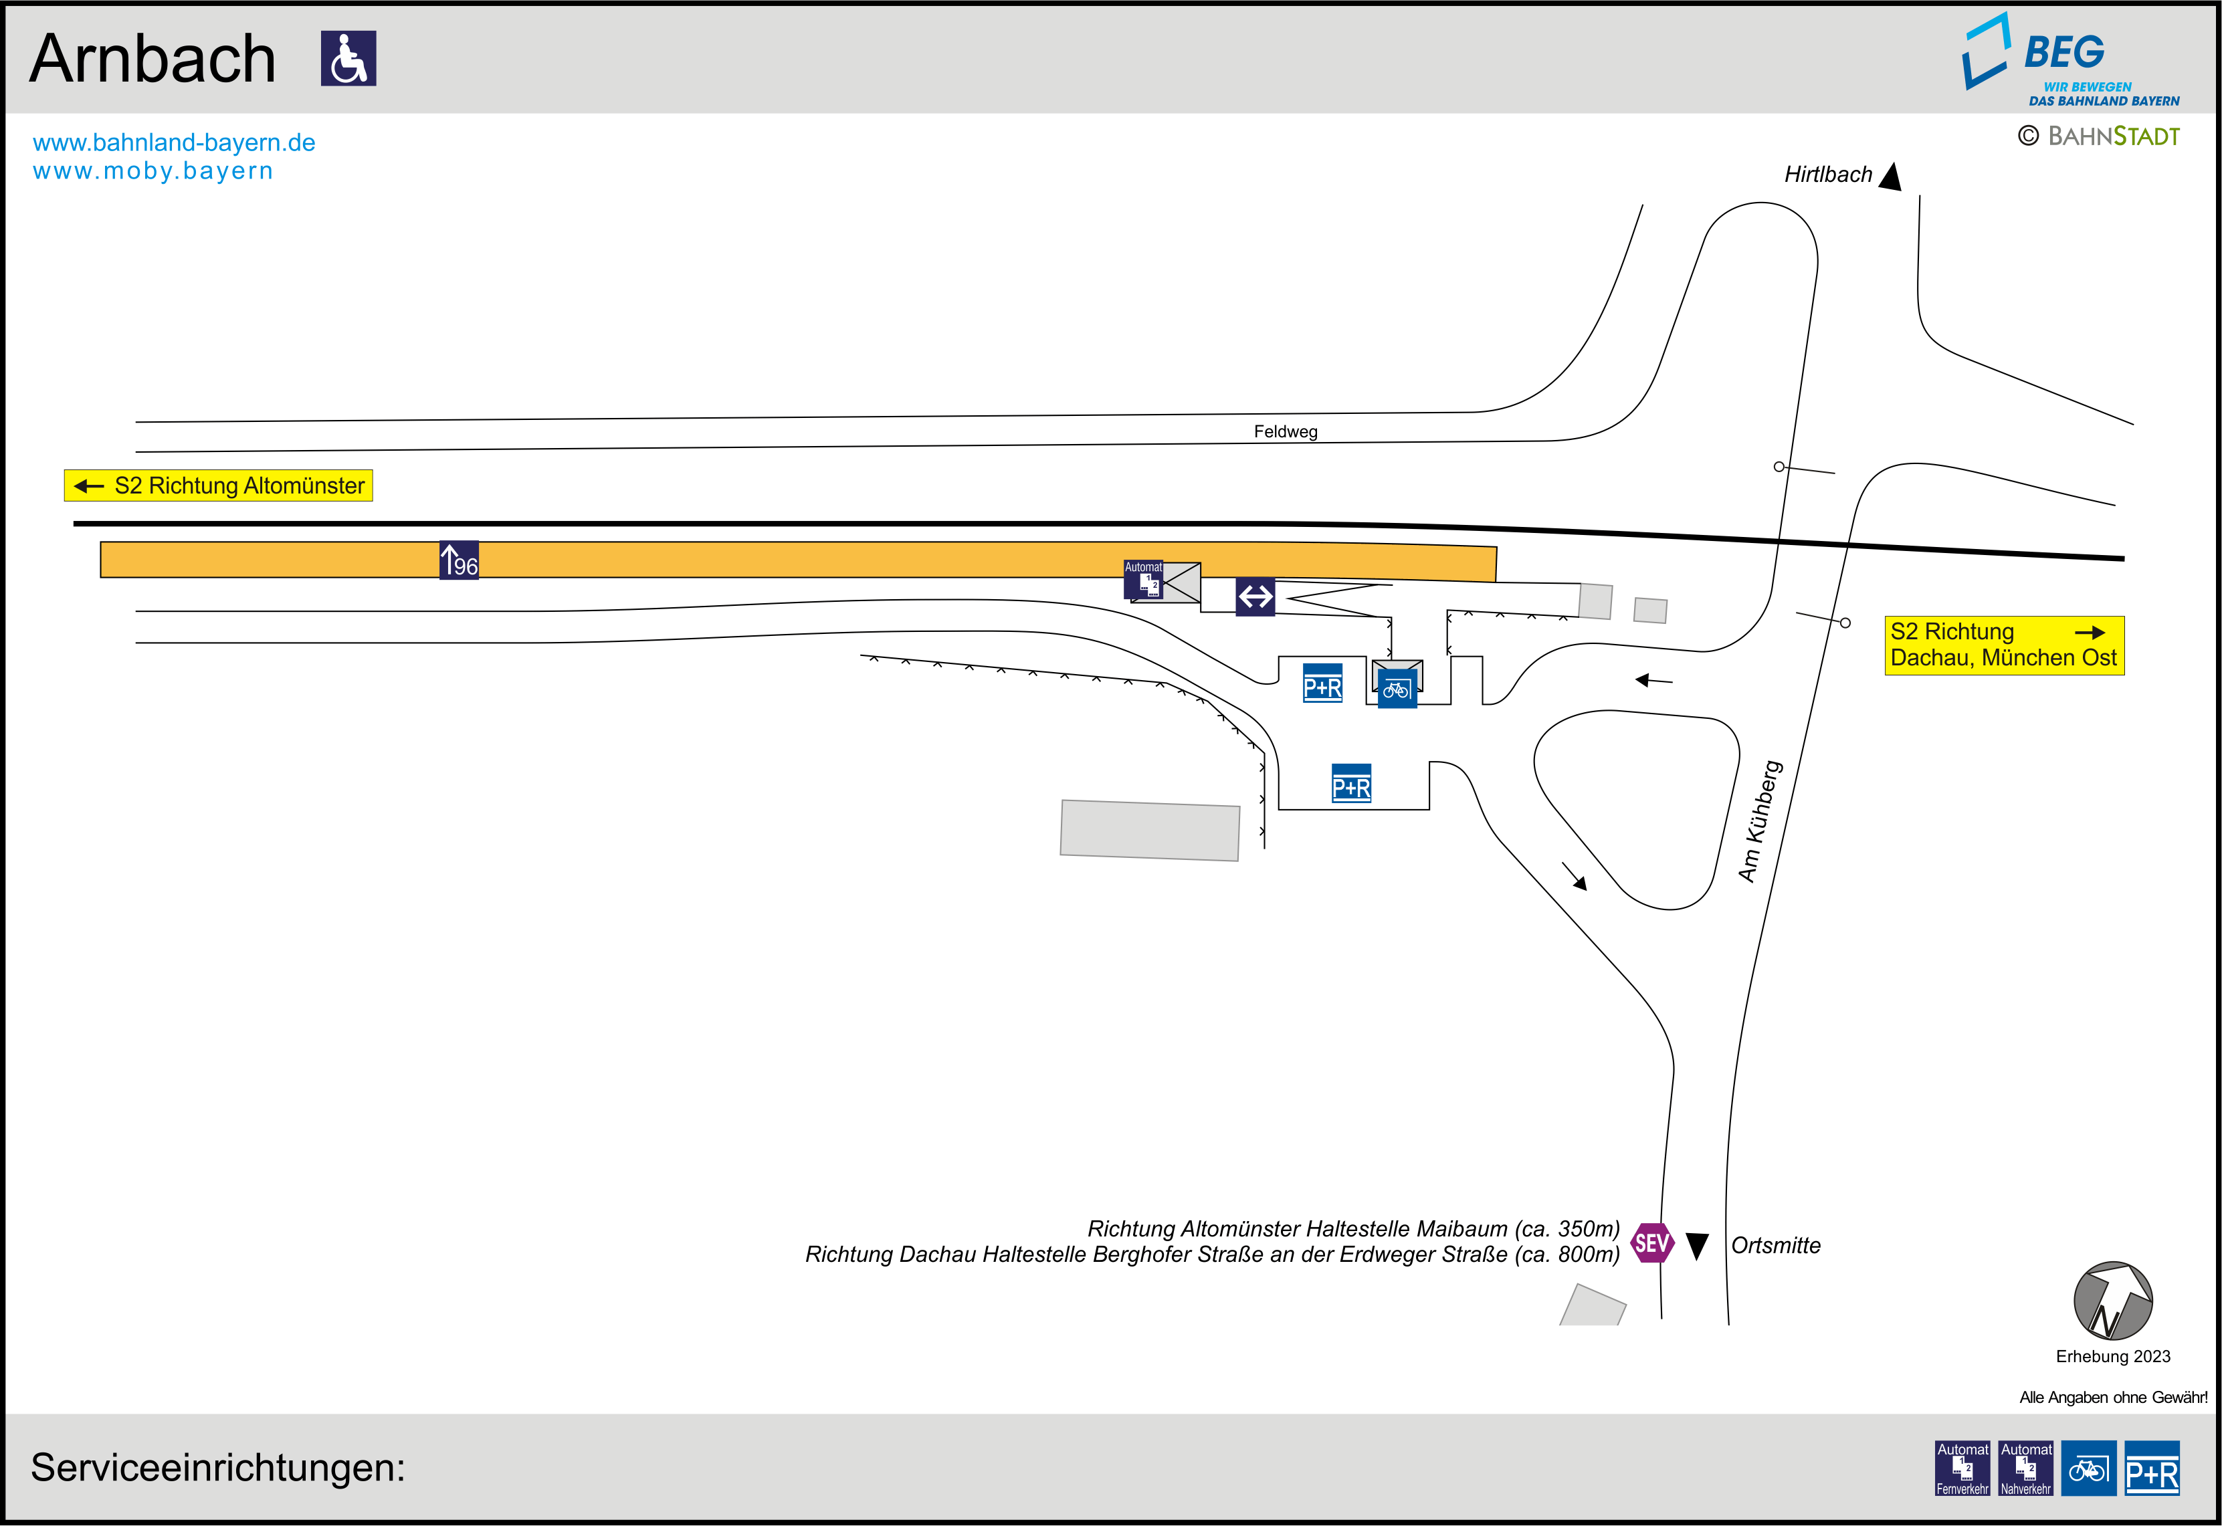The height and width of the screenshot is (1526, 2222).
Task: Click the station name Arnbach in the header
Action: (153, 60)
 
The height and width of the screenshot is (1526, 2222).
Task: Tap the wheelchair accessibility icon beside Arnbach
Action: (348, 58)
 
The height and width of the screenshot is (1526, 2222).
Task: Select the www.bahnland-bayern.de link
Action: (174, 142)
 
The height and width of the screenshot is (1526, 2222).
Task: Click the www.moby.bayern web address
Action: (153, 171)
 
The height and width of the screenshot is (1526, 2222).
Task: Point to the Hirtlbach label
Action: (1827, 174)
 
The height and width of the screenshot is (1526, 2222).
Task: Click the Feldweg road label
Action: (1285, 432)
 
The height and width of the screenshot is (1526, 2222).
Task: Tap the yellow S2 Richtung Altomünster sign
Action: (218, 485)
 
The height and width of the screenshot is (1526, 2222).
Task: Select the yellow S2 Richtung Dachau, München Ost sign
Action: (2003, 645)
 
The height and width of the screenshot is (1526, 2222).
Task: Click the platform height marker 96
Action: (459, 561)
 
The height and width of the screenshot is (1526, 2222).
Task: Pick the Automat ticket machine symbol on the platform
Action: (1144, 579)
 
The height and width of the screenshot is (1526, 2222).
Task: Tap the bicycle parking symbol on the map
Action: (1396, 688)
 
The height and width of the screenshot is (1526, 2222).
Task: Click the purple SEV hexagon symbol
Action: (1651, 1243)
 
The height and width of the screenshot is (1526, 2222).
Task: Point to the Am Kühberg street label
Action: (1760, 821)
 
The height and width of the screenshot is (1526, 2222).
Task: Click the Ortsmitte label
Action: (1775, 1246)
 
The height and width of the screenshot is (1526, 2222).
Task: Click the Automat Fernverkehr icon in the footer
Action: (1962, 1468)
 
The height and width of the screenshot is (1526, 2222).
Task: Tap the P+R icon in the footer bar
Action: (2152, 1468)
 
